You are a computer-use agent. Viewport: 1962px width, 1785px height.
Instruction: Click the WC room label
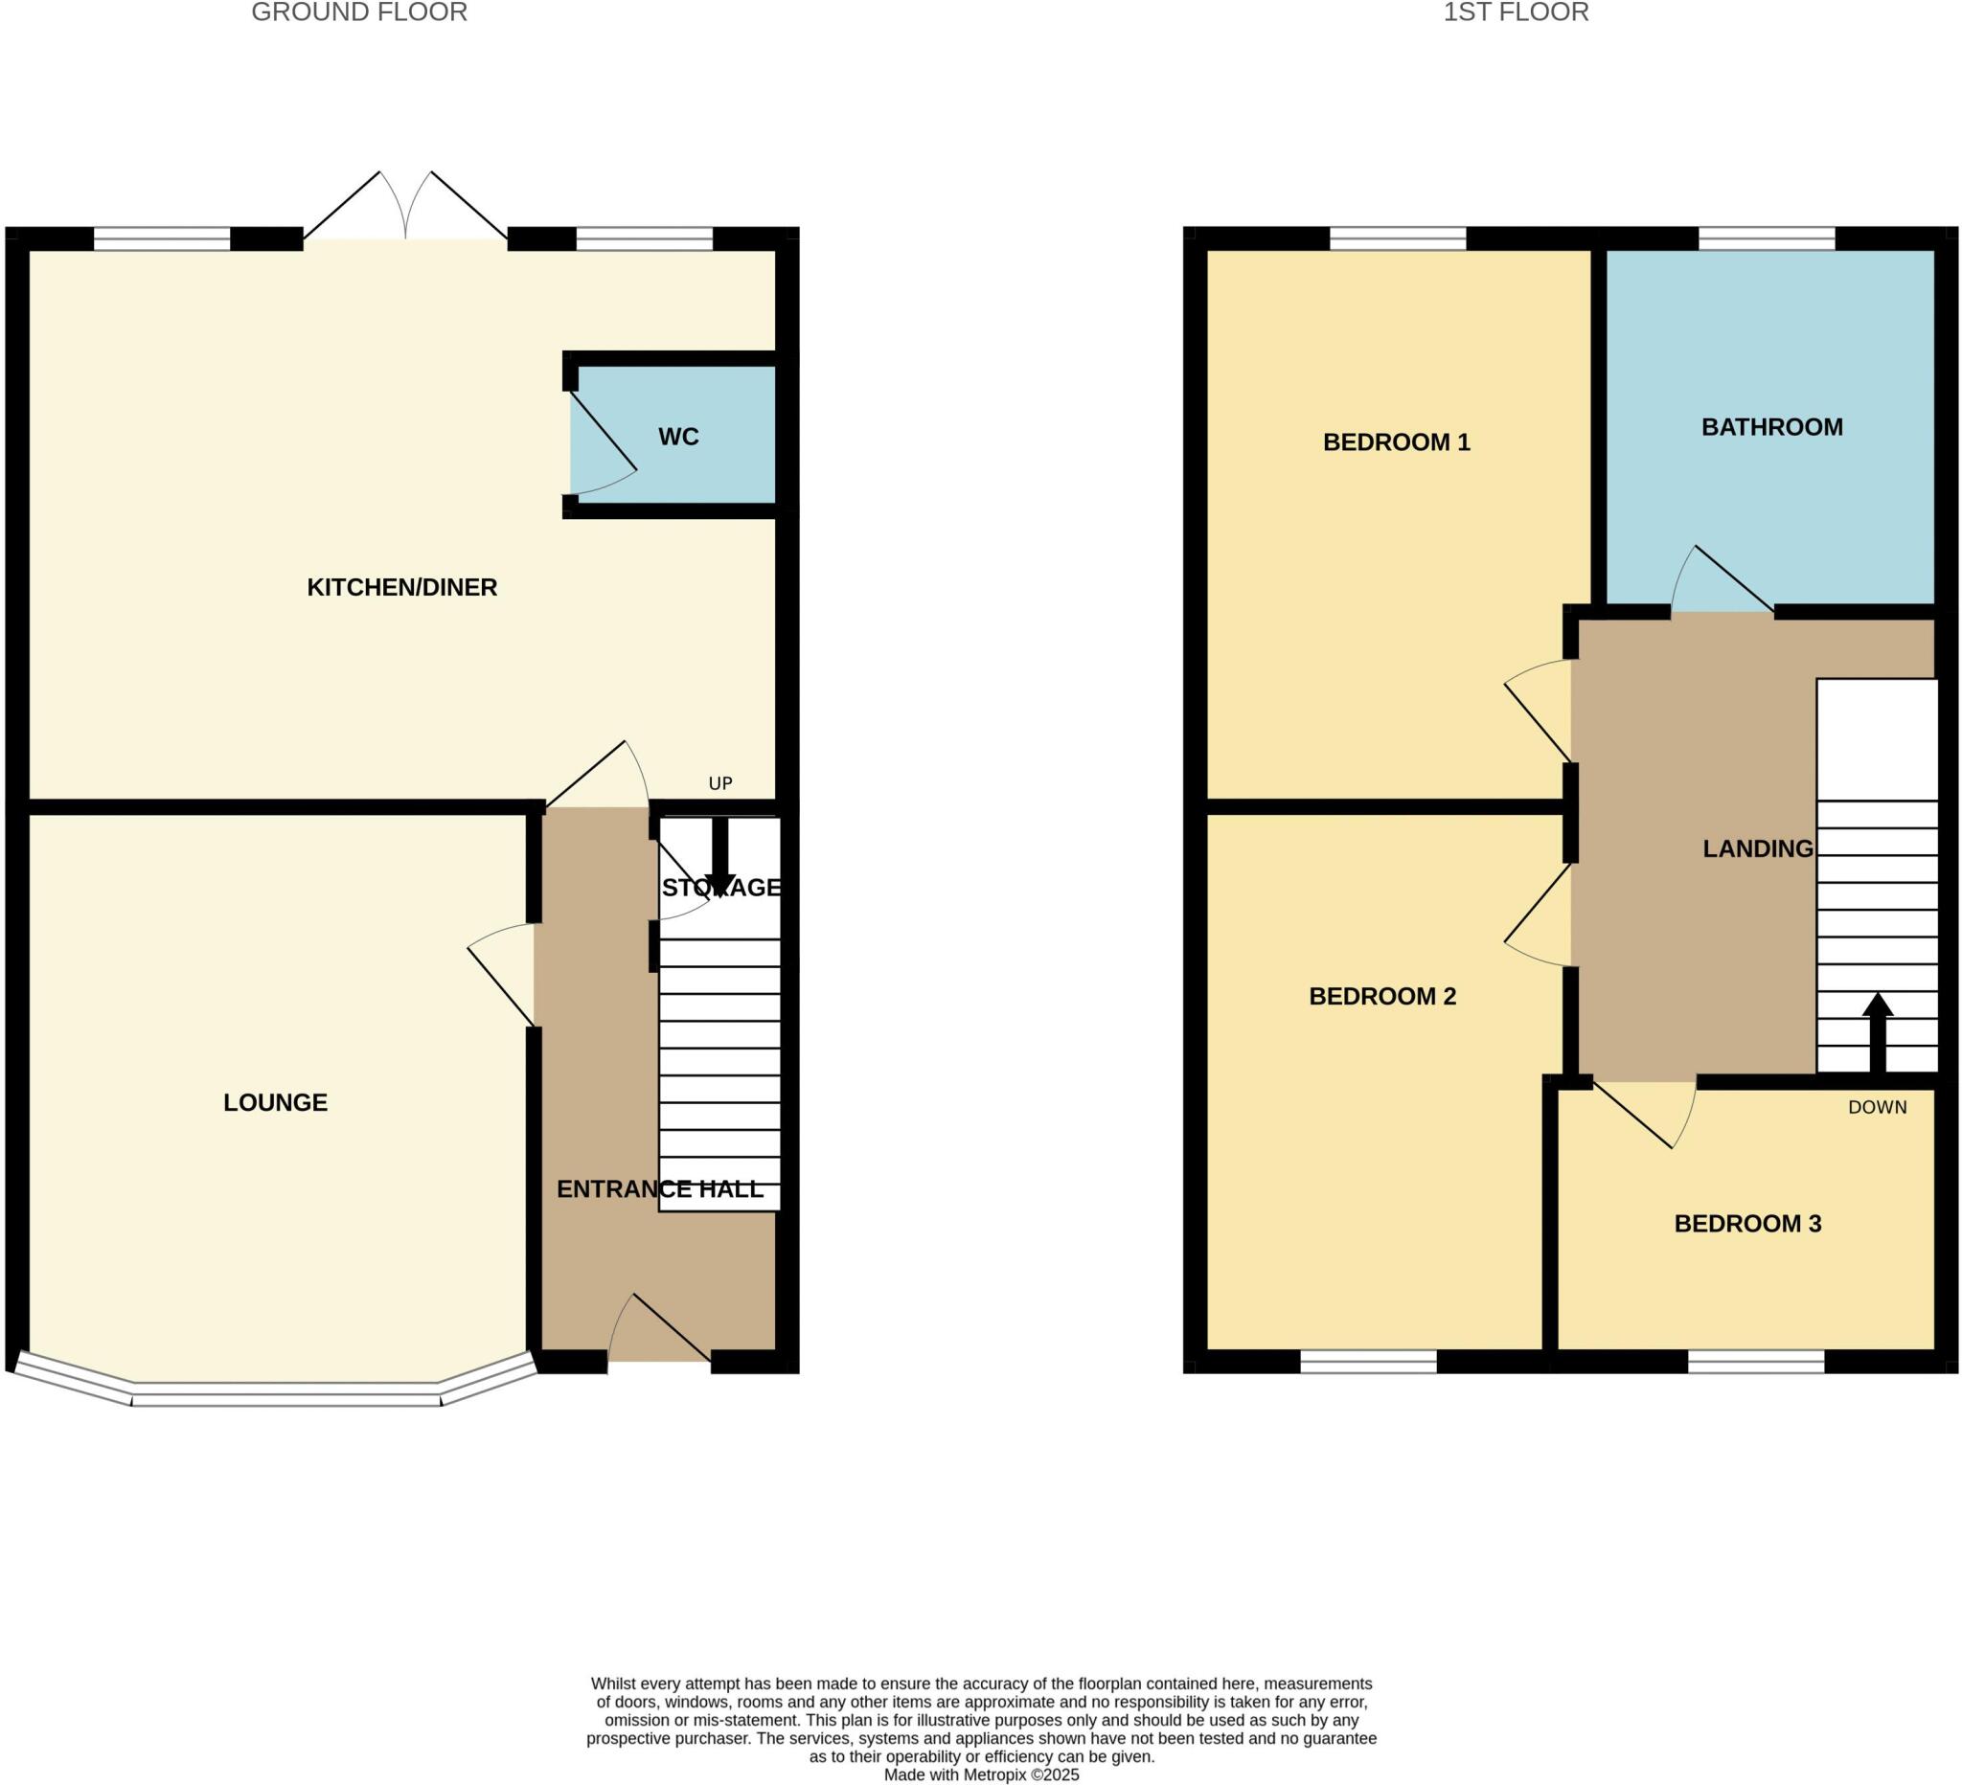678,437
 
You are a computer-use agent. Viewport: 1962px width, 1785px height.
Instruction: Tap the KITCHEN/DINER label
402,588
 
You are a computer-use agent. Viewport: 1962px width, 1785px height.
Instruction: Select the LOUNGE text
275,1102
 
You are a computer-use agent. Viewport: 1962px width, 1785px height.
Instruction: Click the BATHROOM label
1771,427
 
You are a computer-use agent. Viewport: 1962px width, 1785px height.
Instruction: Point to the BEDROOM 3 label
1746,1224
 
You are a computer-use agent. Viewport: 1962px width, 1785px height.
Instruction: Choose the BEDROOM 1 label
1396,442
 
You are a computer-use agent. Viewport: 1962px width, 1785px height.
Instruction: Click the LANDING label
1758,849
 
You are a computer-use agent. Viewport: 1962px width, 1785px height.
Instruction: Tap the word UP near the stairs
720,783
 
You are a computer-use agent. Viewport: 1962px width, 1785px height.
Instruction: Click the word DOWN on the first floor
1877,1107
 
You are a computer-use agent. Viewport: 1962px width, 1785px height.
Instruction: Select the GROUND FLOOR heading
359,12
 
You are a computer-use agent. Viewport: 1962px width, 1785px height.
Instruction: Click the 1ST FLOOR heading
1516,12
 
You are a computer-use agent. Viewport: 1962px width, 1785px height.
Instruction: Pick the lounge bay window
285,1398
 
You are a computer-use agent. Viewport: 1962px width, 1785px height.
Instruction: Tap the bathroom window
1767,238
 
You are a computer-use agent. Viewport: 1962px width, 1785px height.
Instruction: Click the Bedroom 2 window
1368,1362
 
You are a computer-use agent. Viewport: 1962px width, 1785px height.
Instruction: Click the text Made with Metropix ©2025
981,1774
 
